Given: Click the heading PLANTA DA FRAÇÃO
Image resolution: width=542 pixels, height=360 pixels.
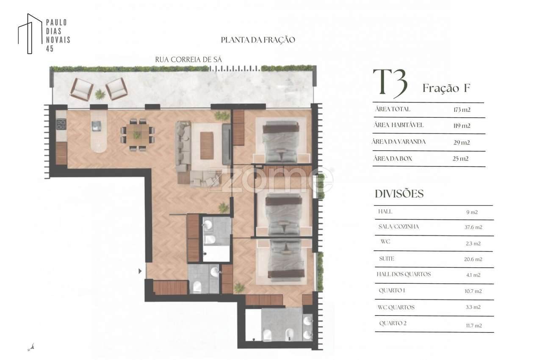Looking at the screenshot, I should [x=258, y=40].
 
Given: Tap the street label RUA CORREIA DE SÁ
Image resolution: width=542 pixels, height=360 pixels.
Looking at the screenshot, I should [x=188, y=60].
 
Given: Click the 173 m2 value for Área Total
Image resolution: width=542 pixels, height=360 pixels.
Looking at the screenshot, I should [x=462, y=110].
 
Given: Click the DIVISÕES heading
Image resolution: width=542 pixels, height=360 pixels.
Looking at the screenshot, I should [x=399, y=194].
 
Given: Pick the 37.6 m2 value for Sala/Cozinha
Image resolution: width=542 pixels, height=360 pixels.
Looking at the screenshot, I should [x=473, y=227].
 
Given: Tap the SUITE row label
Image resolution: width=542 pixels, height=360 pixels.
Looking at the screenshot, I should [x=387, y=258].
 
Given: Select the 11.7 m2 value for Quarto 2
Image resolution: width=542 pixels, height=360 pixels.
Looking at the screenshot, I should [x=473, y=326].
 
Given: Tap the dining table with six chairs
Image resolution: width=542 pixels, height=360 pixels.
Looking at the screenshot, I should [x=137, y=135].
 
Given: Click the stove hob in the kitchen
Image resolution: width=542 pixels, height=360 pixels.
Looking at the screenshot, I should [x=61, y=124].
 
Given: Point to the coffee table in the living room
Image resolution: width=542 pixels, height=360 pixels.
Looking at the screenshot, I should [x=207, y=145].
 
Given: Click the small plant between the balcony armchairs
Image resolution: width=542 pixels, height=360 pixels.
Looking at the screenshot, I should [x=100, y=94].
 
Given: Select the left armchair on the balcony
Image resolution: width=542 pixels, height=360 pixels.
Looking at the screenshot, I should [x=81, y=89].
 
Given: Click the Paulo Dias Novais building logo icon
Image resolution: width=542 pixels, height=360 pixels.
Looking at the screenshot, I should [x=30, y=34].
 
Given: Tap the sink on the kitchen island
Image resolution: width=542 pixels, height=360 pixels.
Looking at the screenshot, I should [x=97, y=126].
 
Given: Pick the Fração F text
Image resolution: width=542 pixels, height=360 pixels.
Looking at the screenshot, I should [x=446, y=89].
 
